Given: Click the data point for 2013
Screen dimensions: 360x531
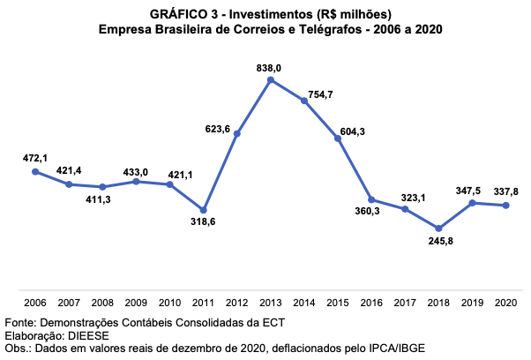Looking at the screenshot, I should (x=271, y=80).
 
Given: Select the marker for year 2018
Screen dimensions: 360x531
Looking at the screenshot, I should (x=438, y=229).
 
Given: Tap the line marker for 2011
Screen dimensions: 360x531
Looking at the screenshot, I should (x=204, y=210).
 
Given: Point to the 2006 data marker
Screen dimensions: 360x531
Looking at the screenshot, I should (x=35, y=171).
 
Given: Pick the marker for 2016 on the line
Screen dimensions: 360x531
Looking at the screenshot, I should (x=371, y=199).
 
